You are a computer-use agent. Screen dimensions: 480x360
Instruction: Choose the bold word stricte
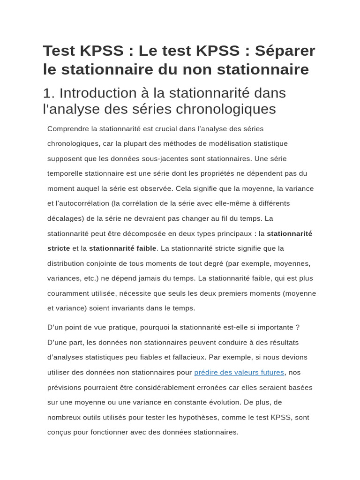[x=59, y=248]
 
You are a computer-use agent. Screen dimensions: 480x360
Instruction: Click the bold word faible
[x=146, y=248]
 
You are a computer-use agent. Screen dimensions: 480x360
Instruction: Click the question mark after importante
[x=297, y=327]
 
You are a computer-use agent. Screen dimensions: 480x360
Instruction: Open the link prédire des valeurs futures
[x=239, y=372]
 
